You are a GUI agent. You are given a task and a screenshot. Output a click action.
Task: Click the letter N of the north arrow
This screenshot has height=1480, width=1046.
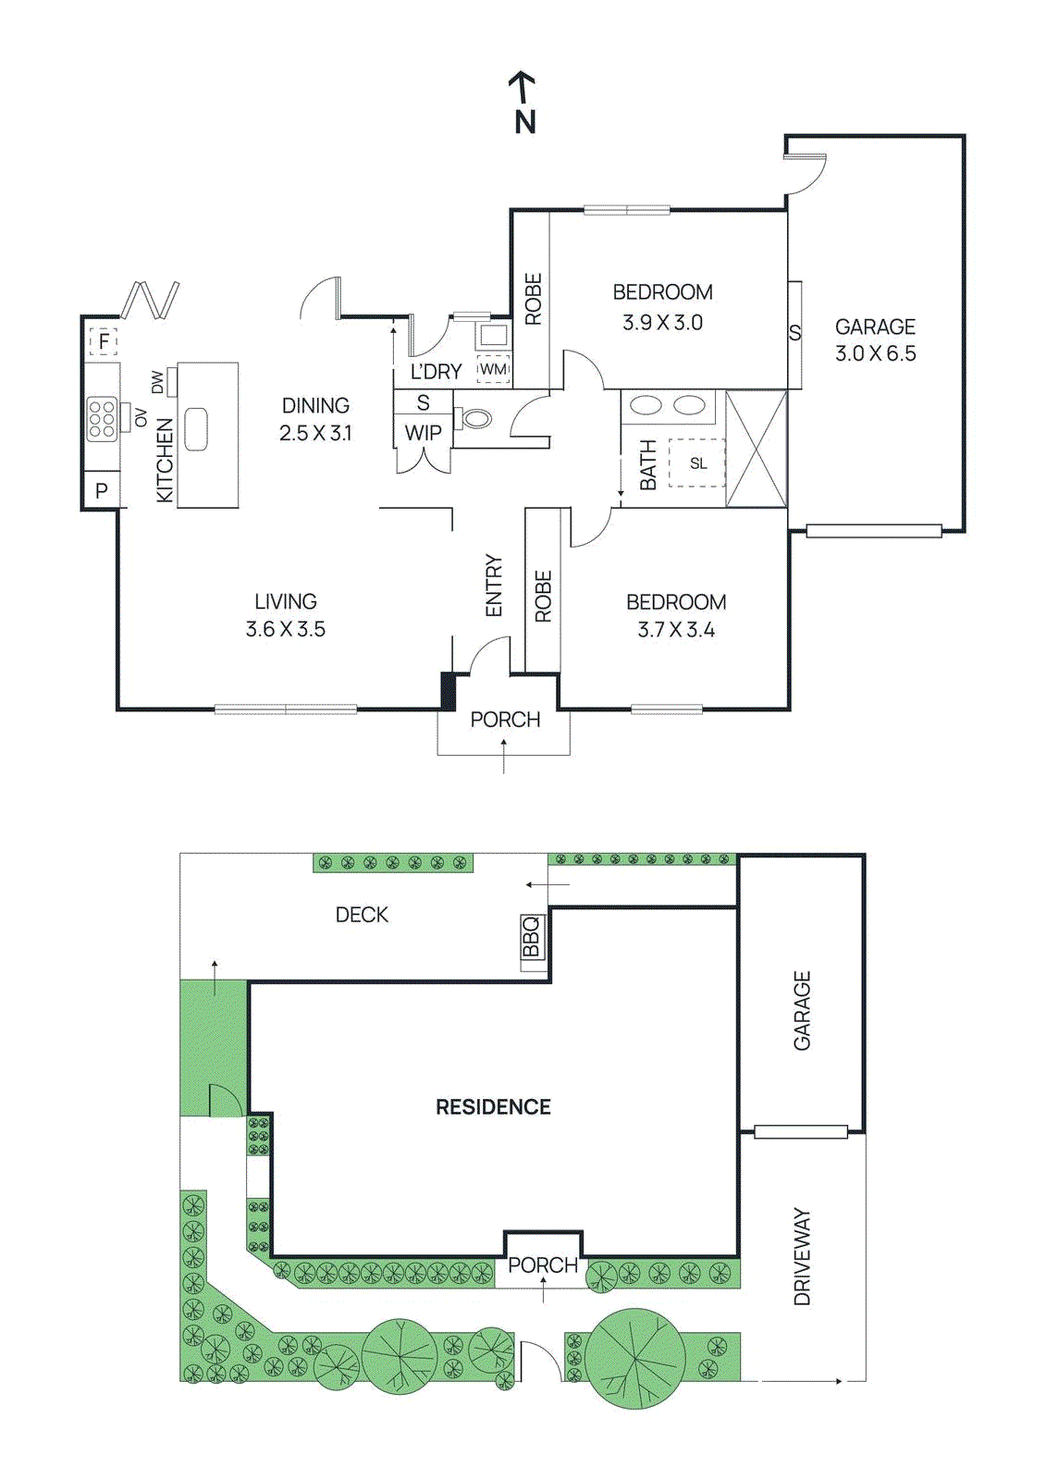(525, 122)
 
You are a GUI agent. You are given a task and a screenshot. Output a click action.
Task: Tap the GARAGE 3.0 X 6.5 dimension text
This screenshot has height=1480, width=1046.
(875, 353)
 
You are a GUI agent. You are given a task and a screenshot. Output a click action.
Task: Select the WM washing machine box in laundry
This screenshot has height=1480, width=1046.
(493, 369)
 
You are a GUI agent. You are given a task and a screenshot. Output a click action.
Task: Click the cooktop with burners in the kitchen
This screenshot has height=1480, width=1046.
(102, 418)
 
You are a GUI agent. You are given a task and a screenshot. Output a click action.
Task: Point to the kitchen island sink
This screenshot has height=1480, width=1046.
(195, 429)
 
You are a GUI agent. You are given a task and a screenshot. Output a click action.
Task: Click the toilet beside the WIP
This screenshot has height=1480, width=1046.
(475, 418)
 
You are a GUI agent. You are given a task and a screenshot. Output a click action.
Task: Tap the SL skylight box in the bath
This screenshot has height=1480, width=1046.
(697, 462)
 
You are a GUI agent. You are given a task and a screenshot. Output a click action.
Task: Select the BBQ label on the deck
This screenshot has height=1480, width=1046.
(531, 936)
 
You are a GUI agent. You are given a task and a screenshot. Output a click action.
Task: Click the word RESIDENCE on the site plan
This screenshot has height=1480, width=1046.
(493, 1106)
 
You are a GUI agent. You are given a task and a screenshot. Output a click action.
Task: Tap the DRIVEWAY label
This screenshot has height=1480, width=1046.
(802, 1255)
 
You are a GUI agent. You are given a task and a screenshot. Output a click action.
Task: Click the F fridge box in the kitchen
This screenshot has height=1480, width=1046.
(104, 341)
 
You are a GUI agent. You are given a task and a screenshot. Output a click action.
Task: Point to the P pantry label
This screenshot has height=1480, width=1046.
(102, 491)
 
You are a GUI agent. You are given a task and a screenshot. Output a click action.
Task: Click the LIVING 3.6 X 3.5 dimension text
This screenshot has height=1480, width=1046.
(285, 628)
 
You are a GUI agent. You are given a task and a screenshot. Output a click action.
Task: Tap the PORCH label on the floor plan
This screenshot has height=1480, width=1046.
(505, 719)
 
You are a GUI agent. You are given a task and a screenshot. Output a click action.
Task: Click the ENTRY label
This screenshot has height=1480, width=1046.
(493, 586)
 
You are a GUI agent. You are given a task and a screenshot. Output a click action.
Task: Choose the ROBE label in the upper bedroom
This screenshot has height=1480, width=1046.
(533, 299)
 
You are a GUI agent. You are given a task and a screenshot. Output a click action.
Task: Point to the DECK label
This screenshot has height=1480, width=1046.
(362, 914)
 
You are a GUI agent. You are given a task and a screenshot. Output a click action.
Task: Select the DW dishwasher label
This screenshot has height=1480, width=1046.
(157, 382)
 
